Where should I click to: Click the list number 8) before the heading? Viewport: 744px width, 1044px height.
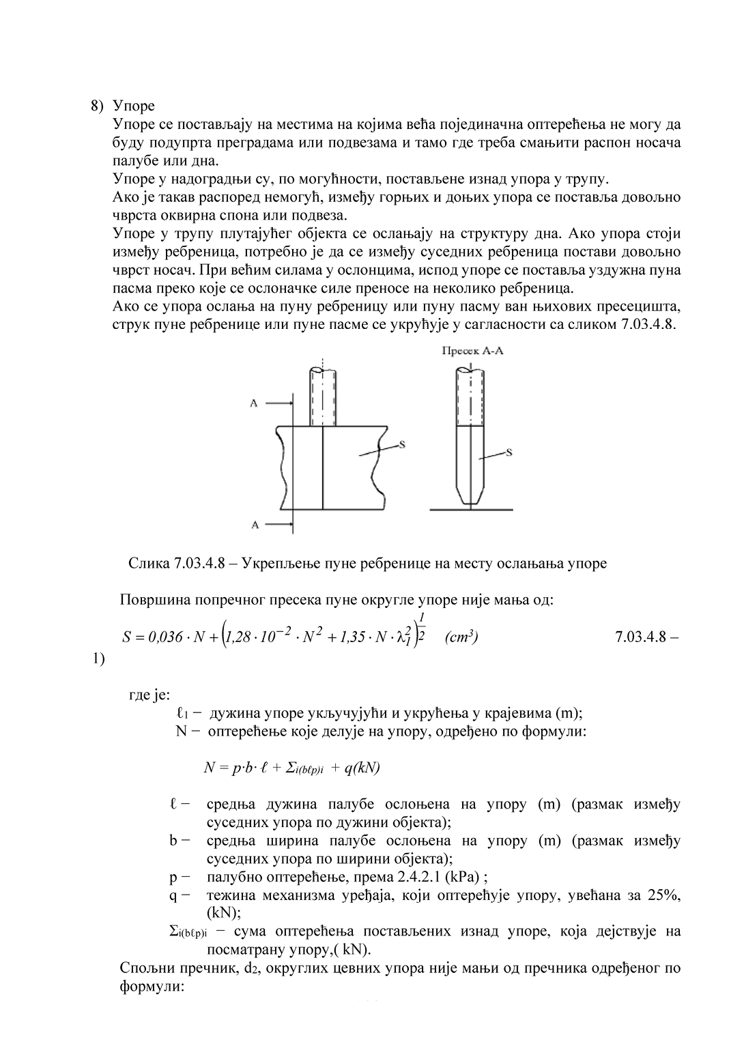click(98, 106)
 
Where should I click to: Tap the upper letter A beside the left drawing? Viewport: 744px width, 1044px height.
click(253, 403)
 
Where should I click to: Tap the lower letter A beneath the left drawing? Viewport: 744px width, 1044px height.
click(253, 525)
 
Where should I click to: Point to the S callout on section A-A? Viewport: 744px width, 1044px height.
click(510, 451)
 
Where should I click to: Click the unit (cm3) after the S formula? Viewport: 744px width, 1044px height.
click(461, 637)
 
